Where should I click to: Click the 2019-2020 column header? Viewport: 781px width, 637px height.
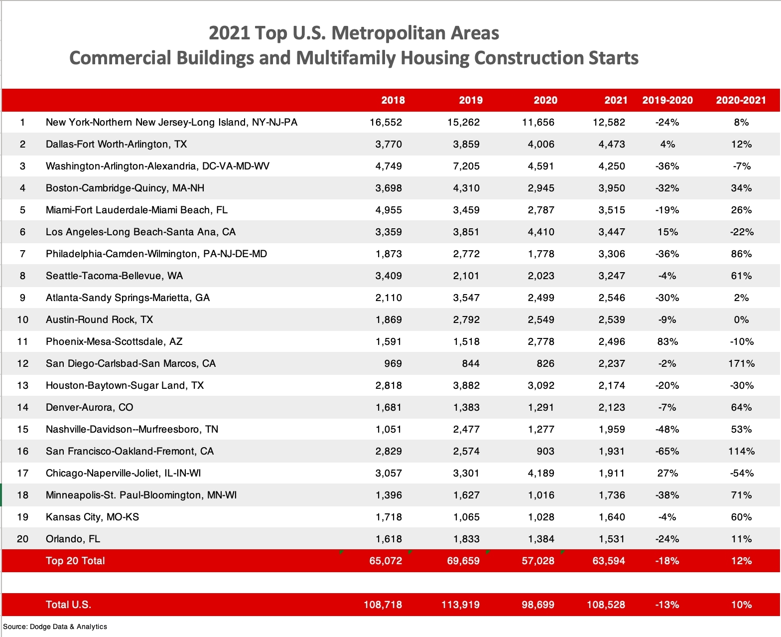pyautogui.click(x=667, y=100)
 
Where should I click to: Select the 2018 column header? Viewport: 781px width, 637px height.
pyautogui.click(x=392, y=100)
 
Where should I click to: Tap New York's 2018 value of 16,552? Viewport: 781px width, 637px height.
pyautogui.click(x=386, y=122)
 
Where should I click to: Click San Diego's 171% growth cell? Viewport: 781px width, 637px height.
pyautogui.click(x=741, y=363)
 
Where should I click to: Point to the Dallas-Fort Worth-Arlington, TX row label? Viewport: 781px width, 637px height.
pyautogui.click(x=116, y=144)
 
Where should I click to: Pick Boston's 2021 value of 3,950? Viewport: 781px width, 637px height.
pyautogui.click(x=612, y=188)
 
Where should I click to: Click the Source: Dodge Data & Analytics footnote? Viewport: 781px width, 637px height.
pyautogui.click(x=55, y=627)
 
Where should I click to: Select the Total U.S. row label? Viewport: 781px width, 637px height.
pyautogui.click(x=68, y=604)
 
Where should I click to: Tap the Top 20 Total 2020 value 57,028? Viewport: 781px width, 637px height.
pyautogui.click(x=538, y=561)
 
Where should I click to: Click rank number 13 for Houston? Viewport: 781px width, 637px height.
pyautogui.click(x=23, y=385)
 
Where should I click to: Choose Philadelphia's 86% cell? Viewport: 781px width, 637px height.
pyautogui.click(x=741, y=254)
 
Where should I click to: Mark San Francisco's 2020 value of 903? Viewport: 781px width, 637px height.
pyautogui.click(x=545, y=451)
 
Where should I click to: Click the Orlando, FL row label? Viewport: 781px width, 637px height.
pyautogui.click(x=73, y=539)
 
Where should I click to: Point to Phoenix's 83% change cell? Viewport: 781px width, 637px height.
pyautogui.click(x=667, y=341)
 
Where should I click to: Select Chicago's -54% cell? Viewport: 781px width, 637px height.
pyautogui.click(x=741, y=473)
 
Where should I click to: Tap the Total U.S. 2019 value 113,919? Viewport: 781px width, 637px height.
pyautogui.click(x=461, y=604)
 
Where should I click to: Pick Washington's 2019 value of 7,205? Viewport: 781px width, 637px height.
pyautogui.click(x=466, y=166)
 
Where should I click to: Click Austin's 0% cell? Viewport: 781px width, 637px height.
pyautogui.click(x=741, y=319)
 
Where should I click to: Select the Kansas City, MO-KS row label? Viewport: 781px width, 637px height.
pyautogui.click(x=93, y=517)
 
